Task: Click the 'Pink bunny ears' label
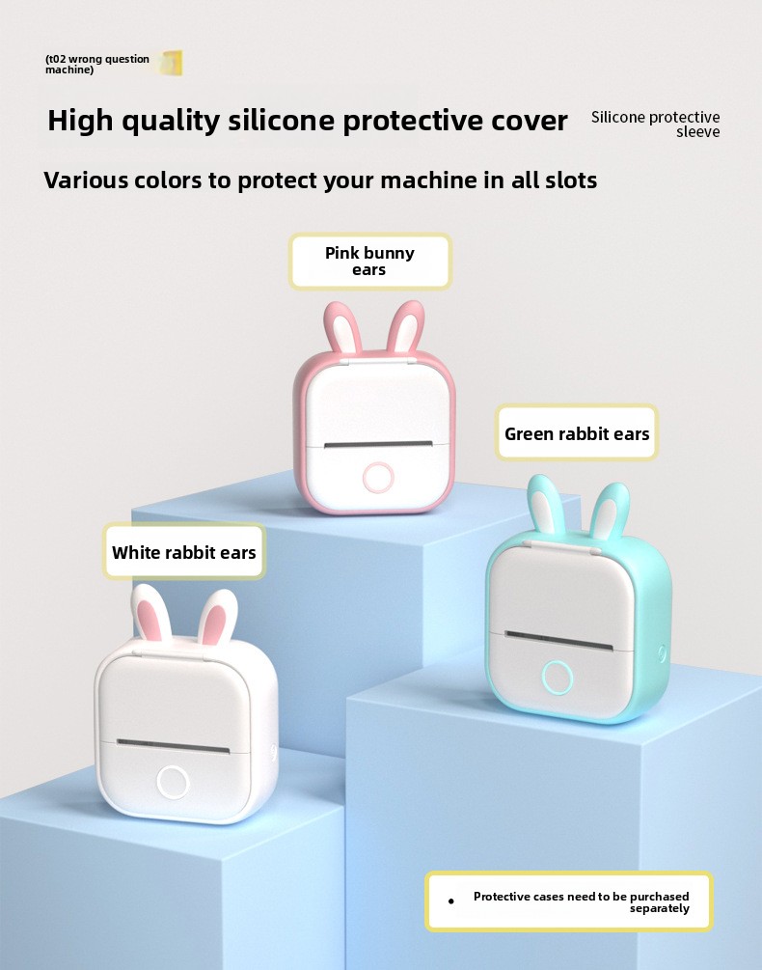tap(370, 261)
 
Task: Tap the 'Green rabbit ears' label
tap(577, 432)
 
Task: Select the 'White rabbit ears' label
tap(184, 551)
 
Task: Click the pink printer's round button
tap(378, 478)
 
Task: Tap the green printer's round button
tap(558, 677)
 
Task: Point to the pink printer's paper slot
tap(378, 444)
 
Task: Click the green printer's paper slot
tap(558, 640)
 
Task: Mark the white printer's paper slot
tap(173, 746)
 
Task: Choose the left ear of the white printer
tap(151, 613)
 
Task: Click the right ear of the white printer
tap(218, 617)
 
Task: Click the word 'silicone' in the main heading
tap(281, 120)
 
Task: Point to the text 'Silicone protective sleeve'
tap(656, 125)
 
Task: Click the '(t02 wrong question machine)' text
tap(97, 65)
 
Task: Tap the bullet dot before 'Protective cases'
tap(451, 901)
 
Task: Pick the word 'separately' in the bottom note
tap(660, 908)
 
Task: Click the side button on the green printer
tap(662, 652)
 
